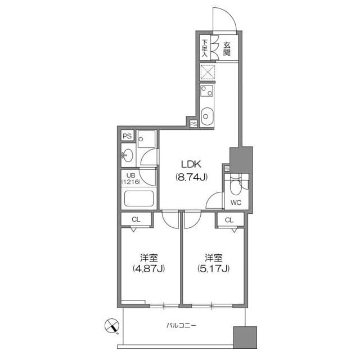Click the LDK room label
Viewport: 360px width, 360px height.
point(191,164)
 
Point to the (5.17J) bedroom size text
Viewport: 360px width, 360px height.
point(213,268)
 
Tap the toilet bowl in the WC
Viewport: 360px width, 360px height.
point(236,186)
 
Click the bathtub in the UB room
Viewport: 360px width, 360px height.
point(138,199)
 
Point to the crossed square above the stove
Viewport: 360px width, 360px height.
point(208,73)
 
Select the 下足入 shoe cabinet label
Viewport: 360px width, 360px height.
point(205,48)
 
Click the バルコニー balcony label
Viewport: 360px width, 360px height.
point(181,325)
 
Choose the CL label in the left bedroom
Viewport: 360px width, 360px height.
point(136,219)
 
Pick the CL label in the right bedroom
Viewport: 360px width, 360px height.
point(229,219)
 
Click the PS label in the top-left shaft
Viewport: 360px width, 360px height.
point(127,136)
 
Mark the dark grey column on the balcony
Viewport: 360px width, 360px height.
point(245,339)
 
